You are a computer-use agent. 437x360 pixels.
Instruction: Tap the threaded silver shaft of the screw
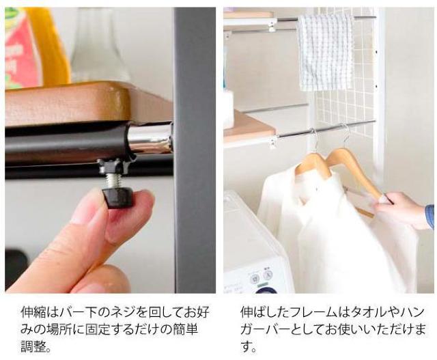(x=113, y=181)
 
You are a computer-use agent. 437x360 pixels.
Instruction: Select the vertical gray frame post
(x=195, y=150)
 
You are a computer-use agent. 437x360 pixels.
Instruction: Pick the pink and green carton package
(x=23, y=47)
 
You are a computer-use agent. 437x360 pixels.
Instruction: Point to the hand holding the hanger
(x=401, y=209)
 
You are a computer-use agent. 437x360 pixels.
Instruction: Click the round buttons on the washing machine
(x=262, y=277)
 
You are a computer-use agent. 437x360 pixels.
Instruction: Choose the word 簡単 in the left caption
(x=185, y=329)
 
